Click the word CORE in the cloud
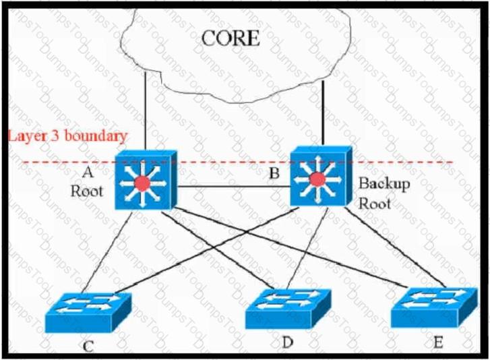pos(231,38)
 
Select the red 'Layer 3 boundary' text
pos(67,136)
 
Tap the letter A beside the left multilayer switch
pos(88,172)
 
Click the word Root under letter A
pos(86,191)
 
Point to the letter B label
pos(274,173)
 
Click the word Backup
pos(384,184)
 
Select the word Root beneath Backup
pos(374,204)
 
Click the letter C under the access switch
pos(88,347)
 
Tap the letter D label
pos(287,342)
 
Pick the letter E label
pos(438,342)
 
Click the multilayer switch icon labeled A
pos(146,180)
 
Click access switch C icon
pos(88,312)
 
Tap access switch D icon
pos(288,309)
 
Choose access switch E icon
pos(434,307)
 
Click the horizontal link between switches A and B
pos(234,187)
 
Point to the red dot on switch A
pos(142,183)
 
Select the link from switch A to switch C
pos(107,252)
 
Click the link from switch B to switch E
pos(395,247)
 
